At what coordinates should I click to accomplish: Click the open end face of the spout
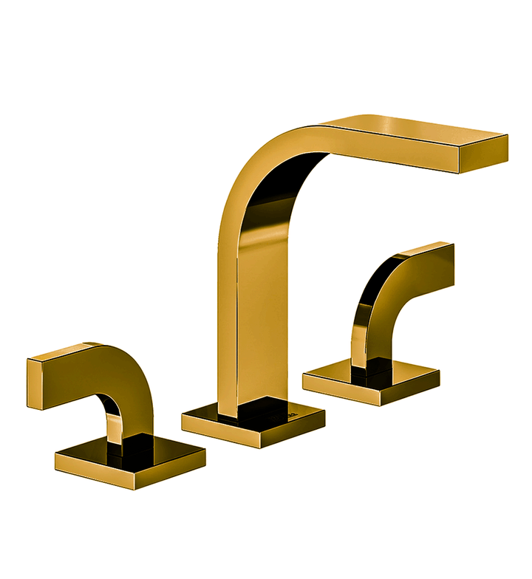tap(485, 154)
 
